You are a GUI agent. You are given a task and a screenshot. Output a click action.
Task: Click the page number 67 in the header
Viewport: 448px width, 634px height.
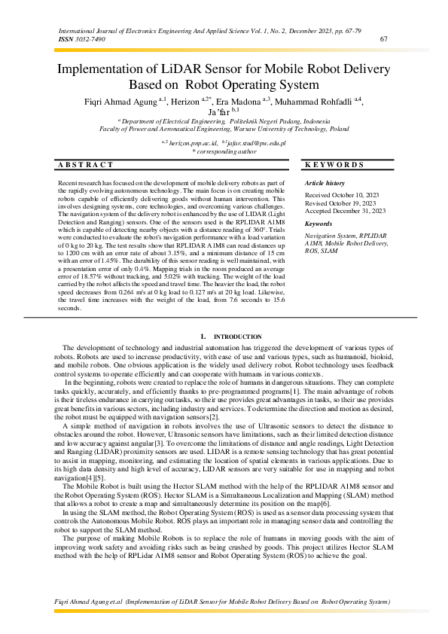(384, 39)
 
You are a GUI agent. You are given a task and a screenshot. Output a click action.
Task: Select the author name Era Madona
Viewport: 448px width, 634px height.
(242, 101)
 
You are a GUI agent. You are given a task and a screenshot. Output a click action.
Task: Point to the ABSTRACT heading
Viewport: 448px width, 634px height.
(86, 164)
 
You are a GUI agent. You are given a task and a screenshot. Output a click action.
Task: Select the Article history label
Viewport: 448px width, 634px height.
(325, 184)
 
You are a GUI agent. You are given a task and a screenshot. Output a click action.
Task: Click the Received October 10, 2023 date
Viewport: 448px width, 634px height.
(341, 196)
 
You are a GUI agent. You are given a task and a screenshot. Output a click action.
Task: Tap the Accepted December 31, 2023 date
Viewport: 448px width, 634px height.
(344, 211)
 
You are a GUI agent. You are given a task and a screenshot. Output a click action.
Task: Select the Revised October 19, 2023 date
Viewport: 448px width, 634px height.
(340, 203)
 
